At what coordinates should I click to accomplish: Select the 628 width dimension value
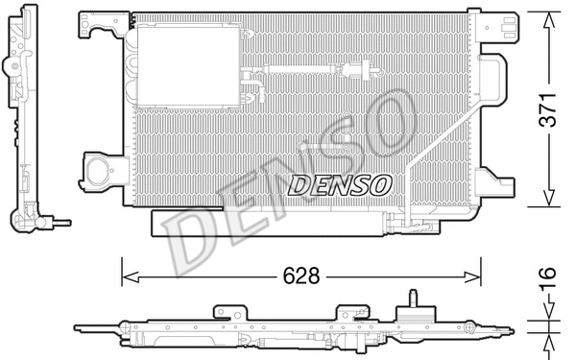pyautogui.click(x=300, y=275)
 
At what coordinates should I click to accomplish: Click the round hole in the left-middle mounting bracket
pyautogui.click(x=96, y=173)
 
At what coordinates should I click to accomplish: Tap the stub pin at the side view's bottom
pyautogui.click(x=62, y=220)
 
